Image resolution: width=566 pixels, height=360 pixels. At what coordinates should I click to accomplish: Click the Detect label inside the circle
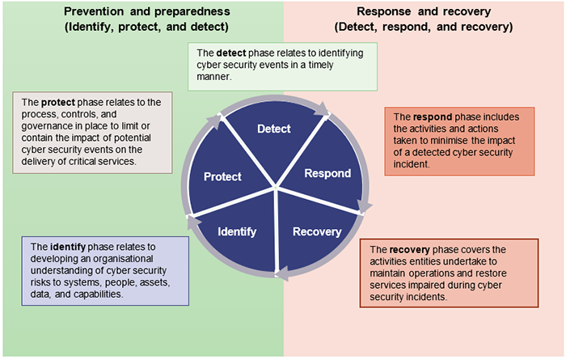[x=273, y=129]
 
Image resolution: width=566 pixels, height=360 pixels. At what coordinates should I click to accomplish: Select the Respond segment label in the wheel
[x=327, y=173]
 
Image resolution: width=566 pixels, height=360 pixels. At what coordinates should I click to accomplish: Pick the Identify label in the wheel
[x=237, y=231]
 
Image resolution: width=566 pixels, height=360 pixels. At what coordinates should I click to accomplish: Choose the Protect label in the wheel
[x=222, y=176]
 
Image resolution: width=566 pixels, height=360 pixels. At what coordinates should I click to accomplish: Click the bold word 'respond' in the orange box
[x=434, y=116]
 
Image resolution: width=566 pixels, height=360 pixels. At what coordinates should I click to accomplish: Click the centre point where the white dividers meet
[x=276, y=189]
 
